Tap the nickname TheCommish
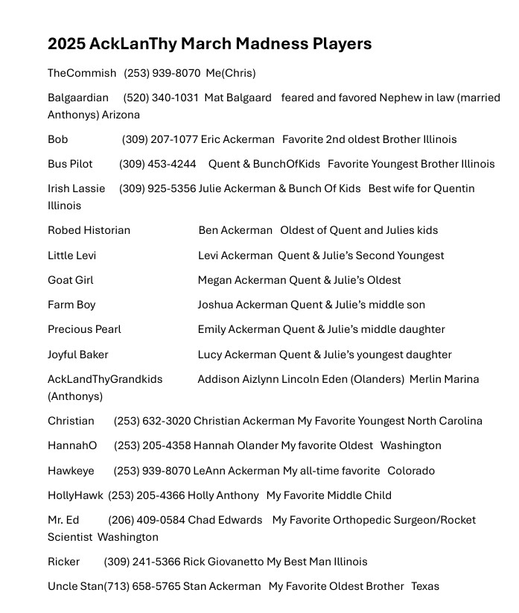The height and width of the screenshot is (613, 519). tap(82, 73)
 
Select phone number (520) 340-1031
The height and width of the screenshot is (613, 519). tap(161, 98)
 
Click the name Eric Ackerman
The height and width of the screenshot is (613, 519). tap(237, 139)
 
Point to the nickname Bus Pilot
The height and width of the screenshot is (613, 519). tap(70, 164)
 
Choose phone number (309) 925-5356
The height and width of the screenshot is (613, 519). tap(157, 188)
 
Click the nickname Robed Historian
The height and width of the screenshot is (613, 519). tap(89, 230)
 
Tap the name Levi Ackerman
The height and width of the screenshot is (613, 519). tap(235, 255)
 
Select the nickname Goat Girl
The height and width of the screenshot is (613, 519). tap(70, 280)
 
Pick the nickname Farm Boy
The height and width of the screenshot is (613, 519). tap(71, 305)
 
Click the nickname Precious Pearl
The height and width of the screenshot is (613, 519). tap(84, 329)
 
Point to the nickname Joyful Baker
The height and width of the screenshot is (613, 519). tap(77, 355)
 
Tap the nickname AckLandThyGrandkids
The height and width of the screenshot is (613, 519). tap(105, 379)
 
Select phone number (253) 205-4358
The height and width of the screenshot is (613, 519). tap(152, 445)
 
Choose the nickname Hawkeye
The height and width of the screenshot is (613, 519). tap(71, 471)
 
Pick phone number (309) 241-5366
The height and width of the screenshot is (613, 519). tap(141, 562)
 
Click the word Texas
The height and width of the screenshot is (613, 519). tap(425, 586)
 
